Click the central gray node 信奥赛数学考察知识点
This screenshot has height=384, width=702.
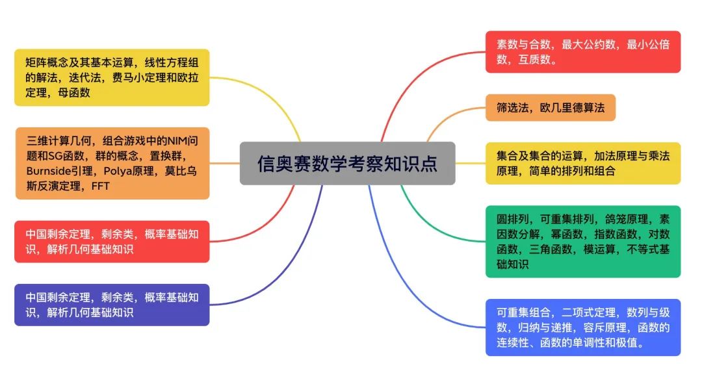tap(347, 163)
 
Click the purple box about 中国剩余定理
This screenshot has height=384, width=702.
tap(112, 305)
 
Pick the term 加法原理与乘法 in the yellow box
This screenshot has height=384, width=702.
tap(628, 156)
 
